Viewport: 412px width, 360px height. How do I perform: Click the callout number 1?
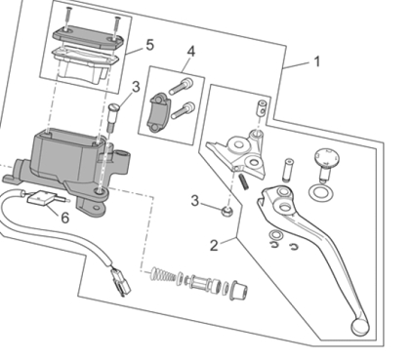316,61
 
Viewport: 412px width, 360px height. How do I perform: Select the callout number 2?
214,245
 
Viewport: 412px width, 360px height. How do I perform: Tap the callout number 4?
190,52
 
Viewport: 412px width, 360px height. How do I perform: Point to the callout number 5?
149,45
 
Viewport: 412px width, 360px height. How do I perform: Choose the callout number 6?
65,218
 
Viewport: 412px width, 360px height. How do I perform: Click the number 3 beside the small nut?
194,201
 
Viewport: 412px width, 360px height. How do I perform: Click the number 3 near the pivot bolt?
136,87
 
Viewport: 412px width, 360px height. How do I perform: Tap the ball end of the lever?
360,326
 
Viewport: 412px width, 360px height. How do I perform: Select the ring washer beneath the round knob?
321,192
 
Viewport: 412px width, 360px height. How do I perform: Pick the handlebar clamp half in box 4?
159,113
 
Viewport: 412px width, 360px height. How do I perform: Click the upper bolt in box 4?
182,86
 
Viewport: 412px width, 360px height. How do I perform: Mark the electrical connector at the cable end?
120,282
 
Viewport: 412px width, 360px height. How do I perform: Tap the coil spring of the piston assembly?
163,274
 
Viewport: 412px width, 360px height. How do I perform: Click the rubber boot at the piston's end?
239,291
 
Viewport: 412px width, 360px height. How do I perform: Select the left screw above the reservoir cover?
67,19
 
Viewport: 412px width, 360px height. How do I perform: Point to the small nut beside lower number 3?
227,212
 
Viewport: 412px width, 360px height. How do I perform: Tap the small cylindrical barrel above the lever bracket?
260,107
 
